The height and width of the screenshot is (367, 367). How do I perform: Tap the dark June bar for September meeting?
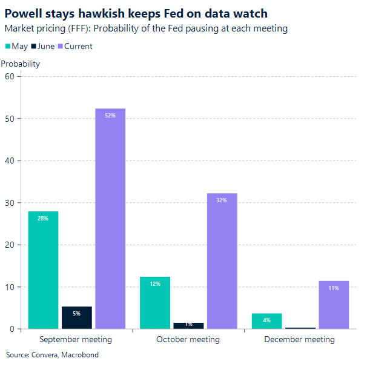tap(77, 318)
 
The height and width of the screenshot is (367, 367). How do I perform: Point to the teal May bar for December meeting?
tap(266, 321)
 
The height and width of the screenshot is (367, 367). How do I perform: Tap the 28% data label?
tap(43, 218)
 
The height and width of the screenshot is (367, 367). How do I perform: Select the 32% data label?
tap(222, 200)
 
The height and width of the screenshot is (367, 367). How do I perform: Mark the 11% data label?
tap(334, 288)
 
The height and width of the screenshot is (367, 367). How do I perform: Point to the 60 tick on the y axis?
tap(9, 76)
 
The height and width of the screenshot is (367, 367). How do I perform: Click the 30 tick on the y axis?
tap(9, 202)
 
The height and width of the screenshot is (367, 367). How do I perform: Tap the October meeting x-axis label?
tap(188, 340)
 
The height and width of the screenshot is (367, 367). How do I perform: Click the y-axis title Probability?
tap(21, 64)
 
